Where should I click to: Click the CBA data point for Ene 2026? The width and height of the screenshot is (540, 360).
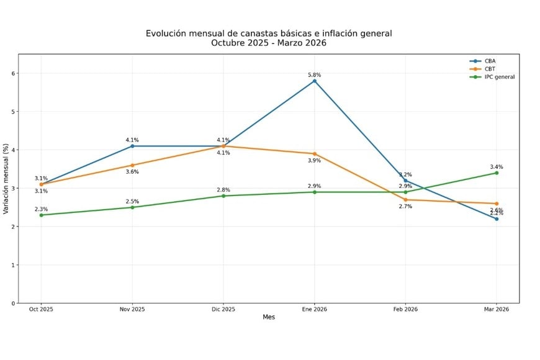[x=315, y=81]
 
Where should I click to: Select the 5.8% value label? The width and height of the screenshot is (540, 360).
[x=315, y=75]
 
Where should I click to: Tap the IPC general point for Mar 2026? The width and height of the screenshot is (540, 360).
[x=497, y=173]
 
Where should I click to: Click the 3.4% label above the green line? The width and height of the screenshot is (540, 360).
[x=497, y=167]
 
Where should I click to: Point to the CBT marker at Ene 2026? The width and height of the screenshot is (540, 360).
[x=315, y=154]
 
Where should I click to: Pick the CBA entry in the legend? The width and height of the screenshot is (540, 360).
[x=490, y=61]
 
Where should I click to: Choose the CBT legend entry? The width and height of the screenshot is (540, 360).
[x=490, y=69]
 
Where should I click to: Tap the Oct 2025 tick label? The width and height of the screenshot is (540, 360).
[x=41, y=309]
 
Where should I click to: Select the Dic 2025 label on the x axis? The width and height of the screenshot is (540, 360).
[x=223, y=309]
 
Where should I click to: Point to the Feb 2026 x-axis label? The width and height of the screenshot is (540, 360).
[x=405, y=309]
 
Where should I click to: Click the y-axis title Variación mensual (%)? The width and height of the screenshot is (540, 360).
[x=6, y=179]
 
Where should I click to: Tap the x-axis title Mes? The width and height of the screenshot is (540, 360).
[x=269, y=317]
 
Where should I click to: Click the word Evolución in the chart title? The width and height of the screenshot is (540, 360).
[x=166, y=34]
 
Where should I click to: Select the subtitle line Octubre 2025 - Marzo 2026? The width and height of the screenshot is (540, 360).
[x=269, y=43]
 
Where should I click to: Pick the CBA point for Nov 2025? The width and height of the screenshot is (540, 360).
[x=132, y=146]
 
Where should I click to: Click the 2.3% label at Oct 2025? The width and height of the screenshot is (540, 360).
[x=41, y=209]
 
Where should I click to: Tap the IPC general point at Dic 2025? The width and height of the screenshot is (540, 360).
[x=223, y=196]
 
